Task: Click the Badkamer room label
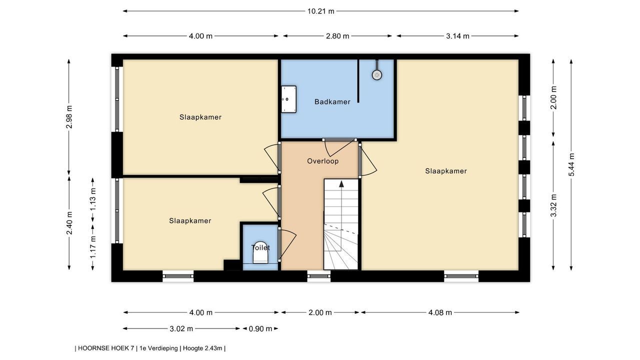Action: (332, 101)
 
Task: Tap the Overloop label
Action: (323, 161)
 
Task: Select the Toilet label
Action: (260, 247)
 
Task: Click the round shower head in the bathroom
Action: (377, 75)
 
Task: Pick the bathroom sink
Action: (288, 99)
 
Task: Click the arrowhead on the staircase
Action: (341, 183)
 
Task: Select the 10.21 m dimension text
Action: (321, 11)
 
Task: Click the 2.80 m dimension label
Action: (337, 36)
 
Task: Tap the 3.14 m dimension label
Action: (457, 36)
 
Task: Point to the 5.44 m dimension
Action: (571, 164)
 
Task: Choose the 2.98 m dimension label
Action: (69, 117)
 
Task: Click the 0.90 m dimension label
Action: (260, 329)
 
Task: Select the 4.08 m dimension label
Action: (440, 312)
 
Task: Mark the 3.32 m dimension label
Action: (553, 205)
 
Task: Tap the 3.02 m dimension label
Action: (181, 329)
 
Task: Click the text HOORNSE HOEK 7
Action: (106, 348)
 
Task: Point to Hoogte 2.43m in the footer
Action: (202, 348)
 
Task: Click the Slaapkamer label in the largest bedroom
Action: (445, 171)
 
